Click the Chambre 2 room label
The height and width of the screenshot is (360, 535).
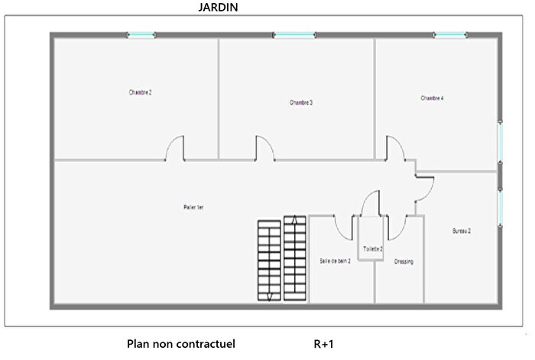141,92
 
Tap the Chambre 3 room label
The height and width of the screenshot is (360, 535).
301,102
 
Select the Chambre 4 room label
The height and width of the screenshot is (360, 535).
432,98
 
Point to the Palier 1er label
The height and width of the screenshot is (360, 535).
193,207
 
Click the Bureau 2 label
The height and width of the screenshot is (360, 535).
461,230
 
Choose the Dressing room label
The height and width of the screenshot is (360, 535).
404,261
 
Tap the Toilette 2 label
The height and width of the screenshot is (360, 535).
373,249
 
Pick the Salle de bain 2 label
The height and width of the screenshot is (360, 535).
335,261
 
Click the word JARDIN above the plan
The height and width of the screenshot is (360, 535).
216,8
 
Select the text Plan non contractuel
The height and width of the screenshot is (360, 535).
181,345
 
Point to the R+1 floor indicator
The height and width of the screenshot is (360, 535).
324,345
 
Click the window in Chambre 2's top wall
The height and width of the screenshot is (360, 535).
141,35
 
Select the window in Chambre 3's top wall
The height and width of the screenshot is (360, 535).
294,35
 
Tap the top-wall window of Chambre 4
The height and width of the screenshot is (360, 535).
450,35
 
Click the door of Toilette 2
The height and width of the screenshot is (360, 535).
371,204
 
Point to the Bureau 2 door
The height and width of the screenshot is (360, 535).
423,186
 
